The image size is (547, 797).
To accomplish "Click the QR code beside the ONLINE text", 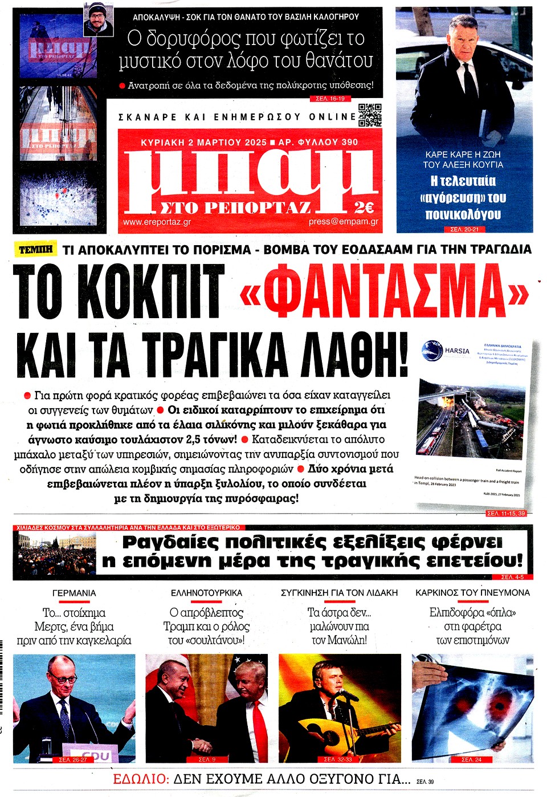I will coord(370,115).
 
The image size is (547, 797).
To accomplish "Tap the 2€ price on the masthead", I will coord(364,207).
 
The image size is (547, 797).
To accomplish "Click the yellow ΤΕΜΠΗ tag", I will coord(36,250).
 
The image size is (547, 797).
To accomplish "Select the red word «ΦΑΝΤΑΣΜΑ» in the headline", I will coord(385,292).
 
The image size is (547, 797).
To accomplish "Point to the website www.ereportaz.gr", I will coord(157,222).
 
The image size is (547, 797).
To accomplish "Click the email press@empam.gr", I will coord(343,222).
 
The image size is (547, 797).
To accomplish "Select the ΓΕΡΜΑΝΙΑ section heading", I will coord(74,593).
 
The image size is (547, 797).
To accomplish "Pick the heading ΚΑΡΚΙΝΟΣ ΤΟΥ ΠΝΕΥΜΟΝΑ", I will coord(472,593).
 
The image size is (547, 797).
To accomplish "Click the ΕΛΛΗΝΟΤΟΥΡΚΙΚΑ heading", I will coord(206,593).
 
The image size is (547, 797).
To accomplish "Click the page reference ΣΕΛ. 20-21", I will coord(464,229).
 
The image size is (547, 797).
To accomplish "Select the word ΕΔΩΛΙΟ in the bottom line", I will coord(141,779).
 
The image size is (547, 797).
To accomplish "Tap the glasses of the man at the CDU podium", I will coord(63,680).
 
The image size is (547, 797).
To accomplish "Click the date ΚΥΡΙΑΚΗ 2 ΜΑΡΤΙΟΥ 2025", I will coord(204,142).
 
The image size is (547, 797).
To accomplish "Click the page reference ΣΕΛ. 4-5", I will coord(512,577).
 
